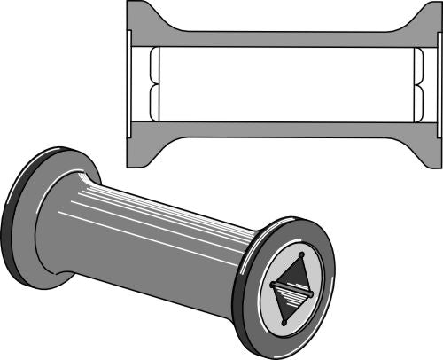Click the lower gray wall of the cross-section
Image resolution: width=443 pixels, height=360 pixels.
tap(284, 129)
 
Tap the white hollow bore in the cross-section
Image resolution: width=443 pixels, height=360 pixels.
tap(284, 84)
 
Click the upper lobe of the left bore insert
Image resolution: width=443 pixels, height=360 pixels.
tap(154, 67)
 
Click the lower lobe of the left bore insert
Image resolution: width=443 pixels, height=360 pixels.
tap(154, 102)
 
